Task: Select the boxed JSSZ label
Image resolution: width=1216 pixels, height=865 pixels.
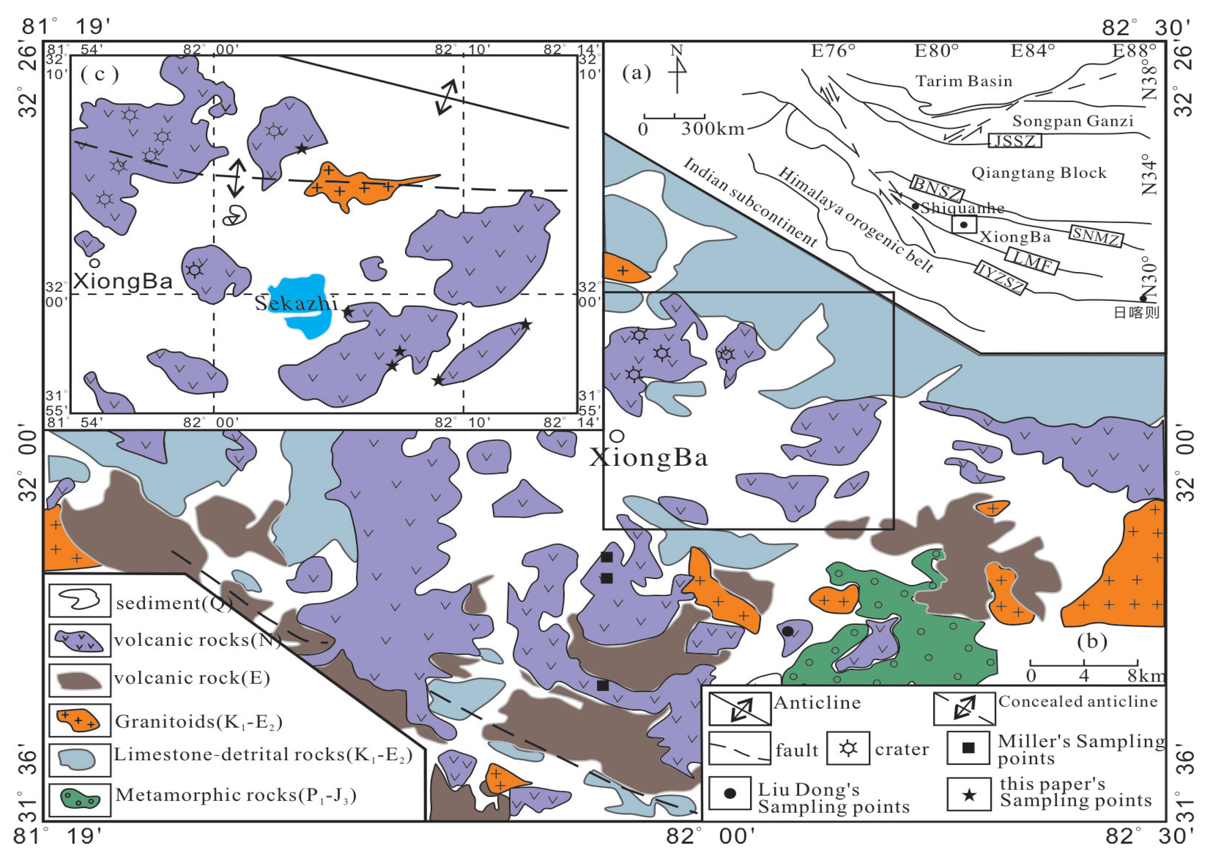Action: [1014, 141]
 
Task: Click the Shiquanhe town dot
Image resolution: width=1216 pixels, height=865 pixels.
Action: [915, 206]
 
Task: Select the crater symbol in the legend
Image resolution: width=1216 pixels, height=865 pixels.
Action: [848, 748]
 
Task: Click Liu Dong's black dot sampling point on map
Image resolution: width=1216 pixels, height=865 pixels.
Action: [788, 631]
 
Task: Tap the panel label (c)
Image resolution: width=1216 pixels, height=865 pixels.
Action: [100, 74]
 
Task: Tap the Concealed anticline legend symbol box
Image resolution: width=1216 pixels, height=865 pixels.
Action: [964, 709]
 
